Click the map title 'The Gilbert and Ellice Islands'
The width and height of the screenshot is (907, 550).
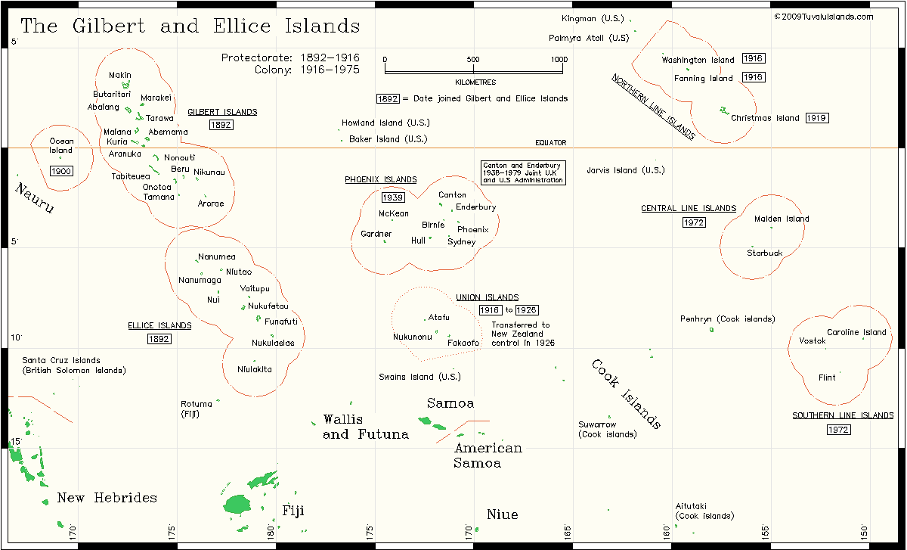190,26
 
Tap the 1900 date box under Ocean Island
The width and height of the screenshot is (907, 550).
61,171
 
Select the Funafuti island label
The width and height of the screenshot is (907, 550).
281,322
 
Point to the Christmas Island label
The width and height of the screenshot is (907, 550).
764,118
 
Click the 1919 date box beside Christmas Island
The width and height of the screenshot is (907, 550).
817,118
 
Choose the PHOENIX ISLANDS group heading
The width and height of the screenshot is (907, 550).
380,180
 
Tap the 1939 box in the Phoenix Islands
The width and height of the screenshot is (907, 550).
392,197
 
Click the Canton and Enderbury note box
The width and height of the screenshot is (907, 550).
523,172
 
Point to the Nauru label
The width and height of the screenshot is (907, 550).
35,198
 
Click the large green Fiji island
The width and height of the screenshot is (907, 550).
237,504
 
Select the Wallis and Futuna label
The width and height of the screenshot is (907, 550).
365,427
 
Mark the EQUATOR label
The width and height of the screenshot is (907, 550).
550,143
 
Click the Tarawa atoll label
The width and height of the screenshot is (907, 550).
159,119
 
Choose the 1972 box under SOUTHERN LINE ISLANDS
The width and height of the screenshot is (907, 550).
838,430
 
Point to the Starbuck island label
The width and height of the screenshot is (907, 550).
765,253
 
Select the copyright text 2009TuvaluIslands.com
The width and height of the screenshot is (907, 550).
823,17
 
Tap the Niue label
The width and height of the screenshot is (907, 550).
503,515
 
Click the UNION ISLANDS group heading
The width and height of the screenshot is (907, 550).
488,298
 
